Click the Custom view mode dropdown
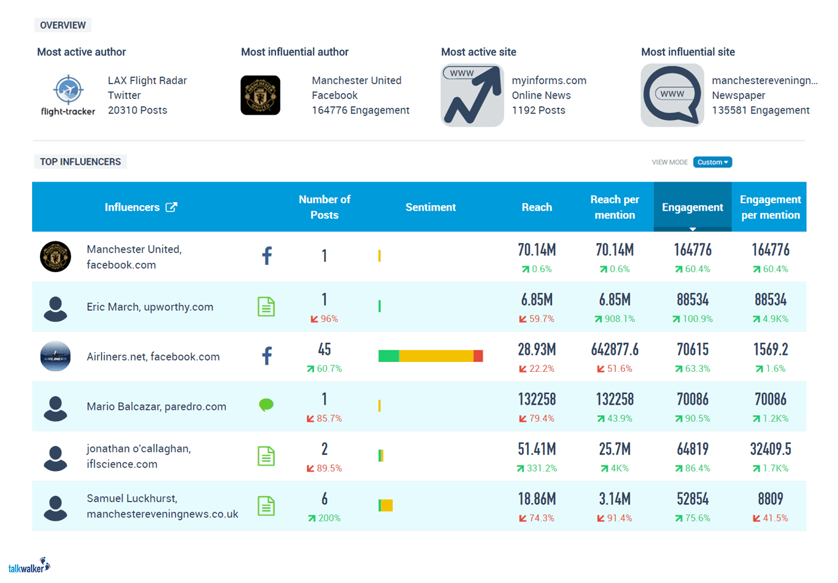(x=712, y=162)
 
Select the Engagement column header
(x=692, y=207)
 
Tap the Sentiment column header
(x=430, y=207)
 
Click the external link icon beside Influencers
(x=171, y=207)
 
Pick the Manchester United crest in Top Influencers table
(x=55, y=257)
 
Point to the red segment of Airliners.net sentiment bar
(x=478, y=356)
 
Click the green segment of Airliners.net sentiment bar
(x=388, y=356)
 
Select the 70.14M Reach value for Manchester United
(x=536, y=250)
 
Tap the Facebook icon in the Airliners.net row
(x=267, y=356)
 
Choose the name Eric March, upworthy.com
(x=150, y=307)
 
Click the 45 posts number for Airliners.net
(x=324, y=350)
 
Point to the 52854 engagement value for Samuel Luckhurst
(x=692, y=499)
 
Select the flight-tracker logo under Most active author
(x=68, y=96)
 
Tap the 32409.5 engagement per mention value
(x=770, y=449)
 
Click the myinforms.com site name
(x=549, y=81)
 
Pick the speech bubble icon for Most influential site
(x=672, y=96)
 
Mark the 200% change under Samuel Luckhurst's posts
(x=325, y=518)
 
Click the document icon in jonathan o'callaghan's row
(x=266, y=456)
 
